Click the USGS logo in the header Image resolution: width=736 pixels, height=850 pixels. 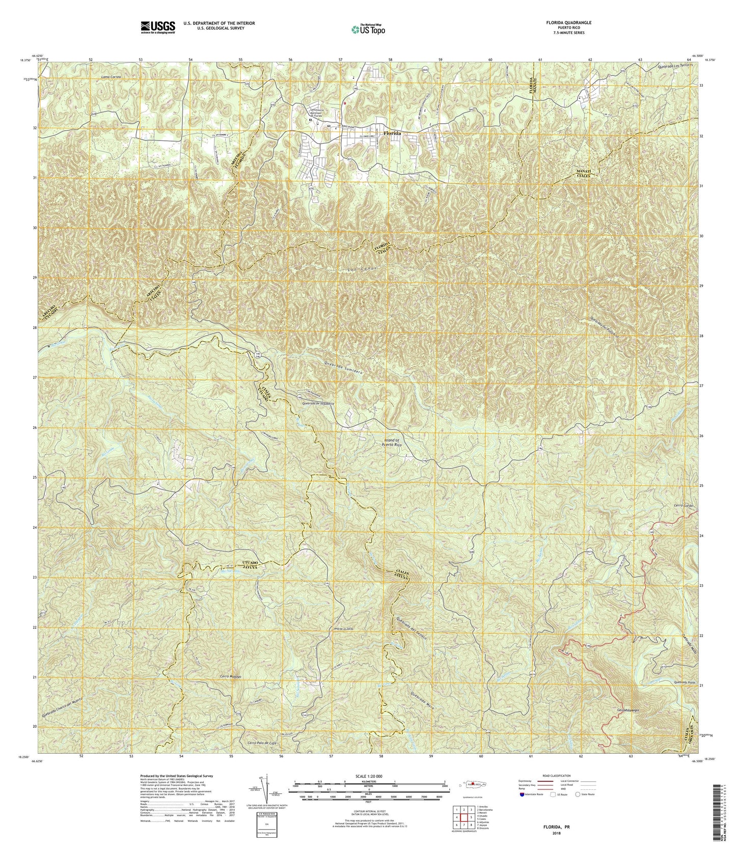[157, 26]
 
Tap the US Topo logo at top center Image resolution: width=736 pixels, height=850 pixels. [368, 29]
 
